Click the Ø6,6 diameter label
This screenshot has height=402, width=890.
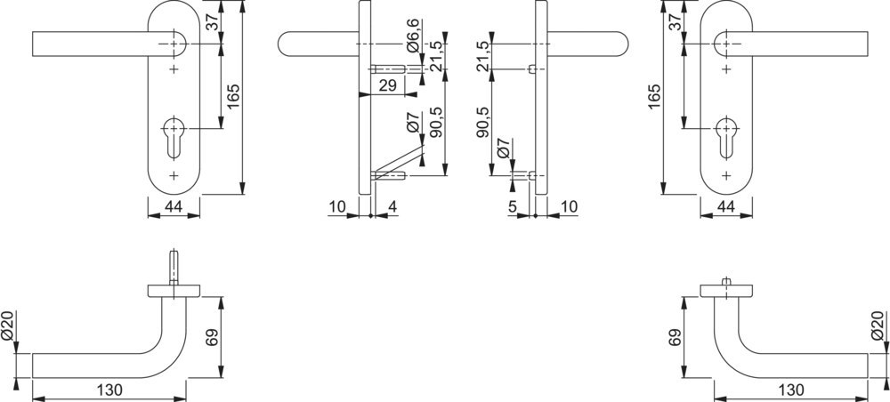pyautogui.click(x=413, y=36)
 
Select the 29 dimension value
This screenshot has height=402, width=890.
pyautogui.click(x=386, y=86)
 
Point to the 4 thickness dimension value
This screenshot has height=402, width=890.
pyautogui.click(x=392, y=207)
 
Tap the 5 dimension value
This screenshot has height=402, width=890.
pyautogui.click(x=513, y=207)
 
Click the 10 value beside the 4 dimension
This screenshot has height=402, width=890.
pyautogui.click(x=337, y=207)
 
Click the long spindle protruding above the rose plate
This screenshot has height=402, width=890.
pyautogui.click(x=174, y=268)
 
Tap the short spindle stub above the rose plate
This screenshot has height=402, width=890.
pyautogui.click(x=726, y=282)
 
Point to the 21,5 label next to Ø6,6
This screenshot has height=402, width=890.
pyautogui.click(x=435, y=55)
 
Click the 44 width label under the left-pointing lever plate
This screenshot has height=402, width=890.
pyautogui.click(x=174, y=207)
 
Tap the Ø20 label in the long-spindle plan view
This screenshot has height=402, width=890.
pyautogui.click(x=8, y=326)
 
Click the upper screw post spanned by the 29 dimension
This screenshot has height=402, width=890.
pyautogui.click(x=389, y=69)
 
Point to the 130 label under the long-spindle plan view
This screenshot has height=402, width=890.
pyautogui.click(x=109, y=390)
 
